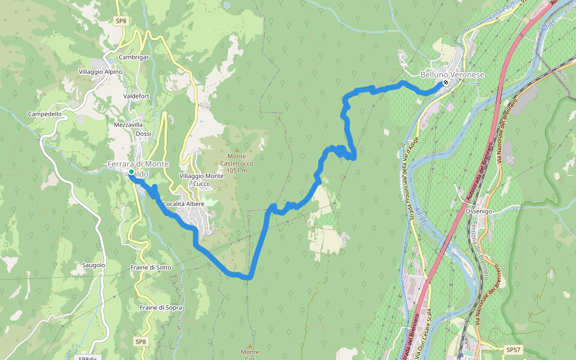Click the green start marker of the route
(x=131, y=173)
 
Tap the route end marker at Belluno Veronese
(x=445, y=83)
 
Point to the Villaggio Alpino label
(x=100, y=72)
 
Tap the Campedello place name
(x=44, y=114)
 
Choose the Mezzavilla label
(x=129, y=125)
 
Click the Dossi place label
(x=143, y=134)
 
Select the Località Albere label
(x=184, y=204)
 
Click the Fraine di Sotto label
(x=151, y=267)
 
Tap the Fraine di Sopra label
(x=161, y=307)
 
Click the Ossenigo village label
(x=479, y=212)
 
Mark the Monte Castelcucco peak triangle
(x=236, y=150)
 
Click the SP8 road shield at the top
(x=121, y=21)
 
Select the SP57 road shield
(x=514, y=349)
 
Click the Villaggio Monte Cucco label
(x=202, y=179)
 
